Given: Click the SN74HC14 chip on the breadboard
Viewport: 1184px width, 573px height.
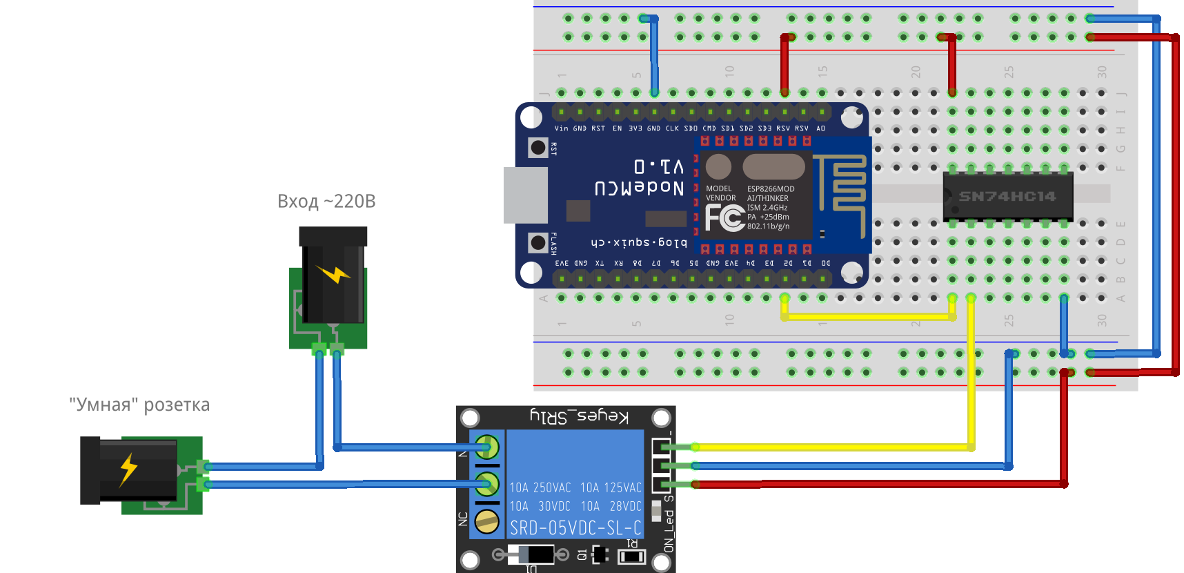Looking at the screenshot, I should (x=1007, y=197).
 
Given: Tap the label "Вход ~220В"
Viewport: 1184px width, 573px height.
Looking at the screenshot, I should (x=326, y=202).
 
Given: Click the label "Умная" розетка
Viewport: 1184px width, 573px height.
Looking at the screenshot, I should (x=139, y=405).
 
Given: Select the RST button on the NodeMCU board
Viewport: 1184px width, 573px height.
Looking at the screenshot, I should (x=538, y=148).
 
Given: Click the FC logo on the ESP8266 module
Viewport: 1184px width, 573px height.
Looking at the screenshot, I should (x=724, y=218).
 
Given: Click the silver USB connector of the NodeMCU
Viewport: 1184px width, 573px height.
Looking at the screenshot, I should (x=525, y=195).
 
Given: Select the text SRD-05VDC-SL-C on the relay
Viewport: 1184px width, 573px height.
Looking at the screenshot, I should (x=575, y=528).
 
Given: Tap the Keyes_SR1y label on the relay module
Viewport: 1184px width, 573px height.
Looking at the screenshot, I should (x=579, y=416).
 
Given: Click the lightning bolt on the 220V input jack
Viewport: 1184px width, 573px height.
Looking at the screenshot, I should (x=334, y=274).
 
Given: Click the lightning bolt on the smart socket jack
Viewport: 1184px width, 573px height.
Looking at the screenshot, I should (x=128, y=469).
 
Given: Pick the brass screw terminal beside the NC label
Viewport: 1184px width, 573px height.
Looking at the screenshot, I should (x=487, y=521).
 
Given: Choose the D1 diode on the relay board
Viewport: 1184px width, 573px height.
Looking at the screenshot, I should (x=531, y=554).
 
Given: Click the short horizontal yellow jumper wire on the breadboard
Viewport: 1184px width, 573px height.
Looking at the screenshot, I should (x=868, y=317).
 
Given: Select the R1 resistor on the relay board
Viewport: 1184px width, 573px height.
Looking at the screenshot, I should (x=631, y=556).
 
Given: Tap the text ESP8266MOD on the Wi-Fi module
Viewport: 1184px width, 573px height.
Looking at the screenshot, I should (x=771, y=189).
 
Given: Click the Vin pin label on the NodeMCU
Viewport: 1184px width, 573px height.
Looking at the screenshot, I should (x=561, y=128).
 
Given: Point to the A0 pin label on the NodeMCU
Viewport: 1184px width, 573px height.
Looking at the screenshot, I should (x=820, y=128).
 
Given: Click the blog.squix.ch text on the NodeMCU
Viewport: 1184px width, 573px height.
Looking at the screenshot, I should (x=639, y=242).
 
